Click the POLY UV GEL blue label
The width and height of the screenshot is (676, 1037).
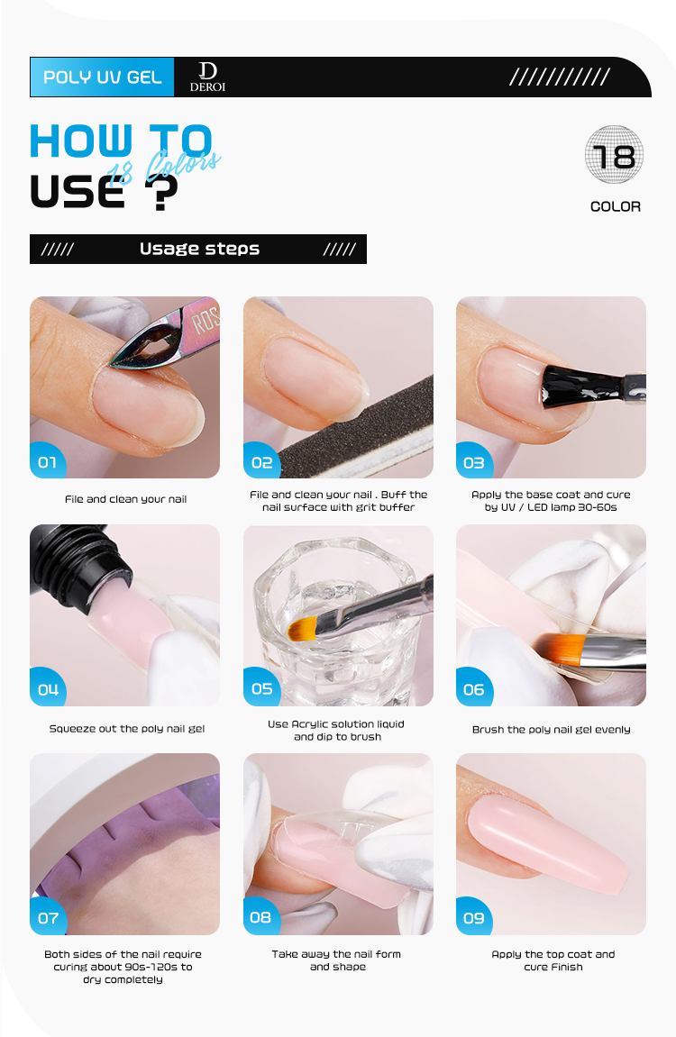pyautogui.click(x=102, y=77)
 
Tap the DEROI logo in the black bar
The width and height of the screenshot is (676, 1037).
pyautogui.click(x=207, y=77)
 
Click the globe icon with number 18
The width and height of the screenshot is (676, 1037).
pyautogui.click(x=615, y=156)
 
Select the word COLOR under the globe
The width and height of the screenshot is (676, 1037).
pyautogui.click(x=615, y=206)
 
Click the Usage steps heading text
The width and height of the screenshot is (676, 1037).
pyautogui.click(x=199, y=249)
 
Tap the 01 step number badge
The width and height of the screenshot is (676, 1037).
pyautogui.click(x=47, y=461)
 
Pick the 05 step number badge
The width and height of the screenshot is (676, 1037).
pyautogui.click(x=261, y=687)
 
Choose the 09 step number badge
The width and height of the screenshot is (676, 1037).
pyautogui.click(x=473, y=917)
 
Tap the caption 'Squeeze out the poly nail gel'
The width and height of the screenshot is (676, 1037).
pyautogui.click(x=126, y=728)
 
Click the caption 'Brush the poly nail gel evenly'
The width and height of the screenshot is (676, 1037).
pyautogui.click(x=551, y=729)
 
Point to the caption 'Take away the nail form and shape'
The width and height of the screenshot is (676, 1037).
pyautogui.click(x=337, y=960)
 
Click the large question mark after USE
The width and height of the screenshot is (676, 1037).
pyautogui.click(x=161, y=191)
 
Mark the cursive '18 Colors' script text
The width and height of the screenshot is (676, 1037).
pyautogui.click(x=163, y=167)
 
